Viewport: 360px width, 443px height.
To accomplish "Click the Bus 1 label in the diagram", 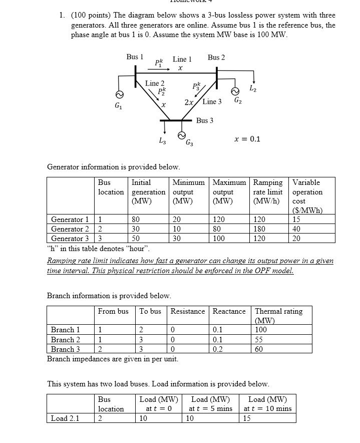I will tap(135, 57).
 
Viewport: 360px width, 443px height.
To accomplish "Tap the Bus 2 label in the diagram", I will tap(216, 57).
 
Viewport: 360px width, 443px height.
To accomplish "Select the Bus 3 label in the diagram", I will tap(205, 120).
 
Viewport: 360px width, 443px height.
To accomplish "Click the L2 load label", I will tap(254, 89).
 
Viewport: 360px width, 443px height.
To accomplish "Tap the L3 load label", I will tap(161, 141).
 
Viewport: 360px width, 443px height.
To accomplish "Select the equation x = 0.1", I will tap(247, 139).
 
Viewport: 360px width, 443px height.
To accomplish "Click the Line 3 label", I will tap(212, 102).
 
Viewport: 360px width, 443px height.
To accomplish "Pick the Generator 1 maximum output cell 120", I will tap(219, 219).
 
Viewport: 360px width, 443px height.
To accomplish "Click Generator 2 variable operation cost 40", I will tap(296, 229).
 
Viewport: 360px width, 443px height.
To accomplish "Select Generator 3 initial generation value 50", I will tap(136, 239).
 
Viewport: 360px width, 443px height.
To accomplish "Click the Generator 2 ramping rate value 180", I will tap(260, 229).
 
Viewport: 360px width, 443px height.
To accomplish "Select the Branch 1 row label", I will tap(66, 330).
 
